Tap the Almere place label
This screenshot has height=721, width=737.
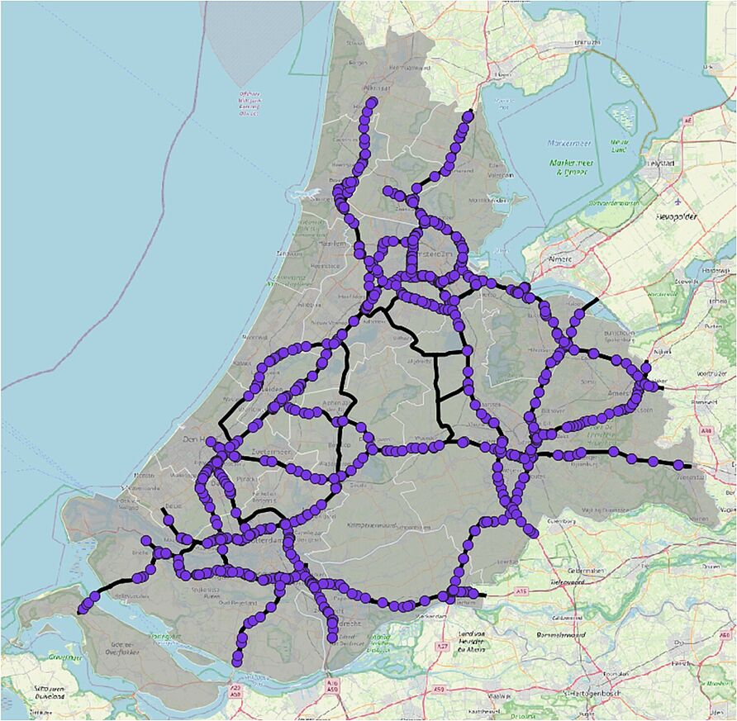click(x=560, y=259)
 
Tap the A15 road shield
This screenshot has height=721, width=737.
click(x=523, y=591)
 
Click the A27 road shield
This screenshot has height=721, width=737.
click(x=443, y=644)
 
